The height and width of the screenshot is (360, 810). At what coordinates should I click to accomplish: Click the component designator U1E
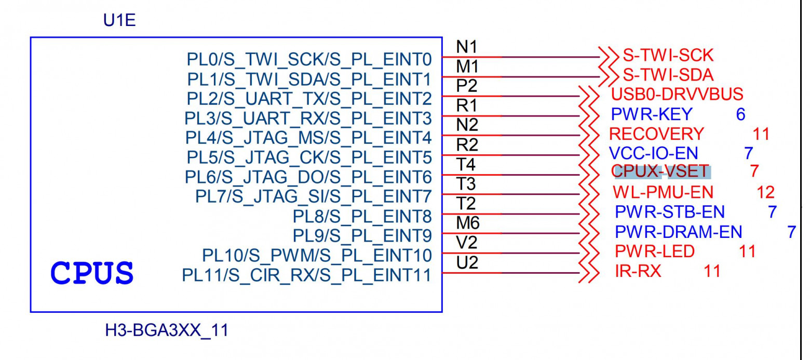120,22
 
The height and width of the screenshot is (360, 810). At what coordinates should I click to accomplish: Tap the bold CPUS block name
92,273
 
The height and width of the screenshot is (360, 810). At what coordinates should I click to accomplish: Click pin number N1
466,47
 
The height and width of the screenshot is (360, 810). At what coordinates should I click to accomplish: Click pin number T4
466,165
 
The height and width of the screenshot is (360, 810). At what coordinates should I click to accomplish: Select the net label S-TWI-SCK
668,55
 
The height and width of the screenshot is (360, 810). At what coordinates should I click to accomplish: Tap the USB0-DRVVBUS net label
677,95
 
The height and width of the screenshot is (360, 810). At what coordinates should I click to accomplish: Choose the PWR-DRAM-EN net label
678,232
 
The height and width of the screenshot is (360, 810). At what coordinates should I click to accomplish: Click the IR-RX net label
638,271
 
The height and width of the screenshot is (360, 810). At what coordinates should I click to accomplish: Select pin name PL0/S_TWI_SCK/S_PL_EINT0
309,60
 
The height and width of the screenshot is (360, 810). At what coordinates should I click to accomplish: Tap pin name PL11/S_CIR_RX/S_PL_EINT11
306,275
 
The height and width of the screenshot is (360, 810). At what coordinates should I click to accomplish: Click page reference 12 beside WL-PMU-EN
765,192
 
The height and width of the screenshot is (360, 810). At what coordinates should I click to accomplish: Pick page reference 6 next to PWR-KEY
741,114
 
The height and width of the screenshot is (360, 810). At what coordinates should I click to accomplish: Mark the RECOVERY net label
656,134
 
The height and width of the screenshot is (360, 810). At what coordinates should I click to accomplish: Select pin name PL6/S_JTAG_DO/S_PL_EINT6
309,177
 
